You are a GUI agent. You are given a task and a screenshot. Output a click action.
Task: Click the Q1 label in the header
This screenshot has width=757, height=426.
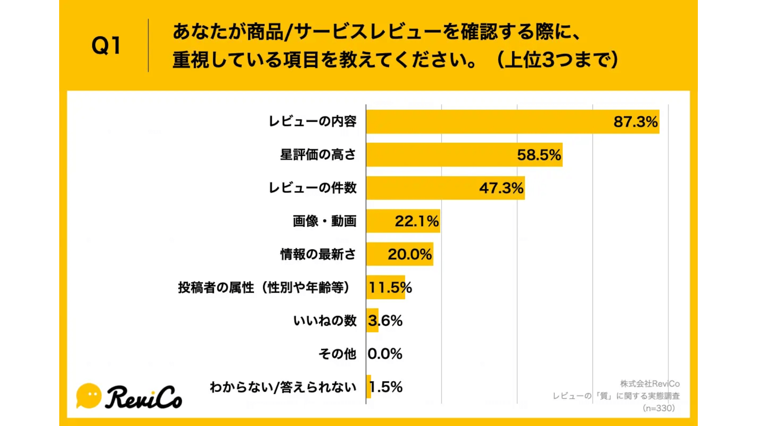(106, 45)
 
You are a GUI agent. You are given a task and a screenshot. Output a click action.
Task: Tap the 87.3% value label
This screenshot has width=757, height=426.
(635, 121)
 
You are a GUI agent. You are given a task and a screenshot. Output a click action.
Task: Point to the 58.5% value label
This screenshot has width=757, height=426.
(539, 155)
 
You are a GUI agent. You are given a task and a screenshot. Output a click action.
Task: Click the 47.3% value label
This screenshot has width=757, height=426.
(501, 188)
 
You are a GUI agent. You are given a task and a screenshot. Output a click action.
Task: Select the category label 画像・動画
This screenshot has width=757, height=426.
(324, 221)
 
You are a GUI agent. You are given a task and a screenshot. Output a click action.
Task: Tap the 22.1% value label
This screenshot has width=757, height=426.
(417, 221)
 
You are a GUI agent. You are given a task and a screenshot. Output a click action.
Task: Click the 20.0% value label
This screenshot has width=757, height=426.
(410, 254)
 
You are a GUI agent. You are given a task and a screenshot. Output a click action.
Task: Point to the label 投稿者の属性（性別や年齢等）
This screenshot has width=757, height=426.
(264, 287)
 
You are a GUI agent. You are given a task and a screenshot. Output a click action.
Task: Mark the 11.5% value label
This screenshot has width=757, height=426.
(390, 287)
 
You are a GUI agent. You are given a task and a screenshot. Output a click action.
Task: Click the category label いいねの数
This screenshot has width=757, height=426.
(325, 320)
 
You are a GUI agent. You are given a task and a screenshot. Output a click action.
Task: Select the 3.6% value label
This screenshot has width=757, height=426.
(385, 320)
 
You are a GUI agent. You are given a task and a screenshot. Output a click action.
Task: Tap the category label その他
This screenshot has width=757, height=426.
(337, 353)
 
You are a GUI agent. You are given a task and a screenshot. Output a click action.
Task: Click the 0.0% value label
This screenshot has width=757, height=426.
(385, 353)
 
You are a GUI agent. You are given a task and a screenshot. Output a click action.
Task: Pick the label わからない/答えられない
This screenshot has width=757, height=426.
(283, 387)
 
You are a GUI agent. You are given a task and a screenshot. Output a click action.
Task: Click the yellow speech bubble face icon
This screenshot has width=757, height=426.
(89, 395)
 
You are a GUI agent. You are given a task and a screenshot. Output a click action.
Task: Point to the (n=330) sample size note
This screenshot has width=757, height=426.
(658, 408)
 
